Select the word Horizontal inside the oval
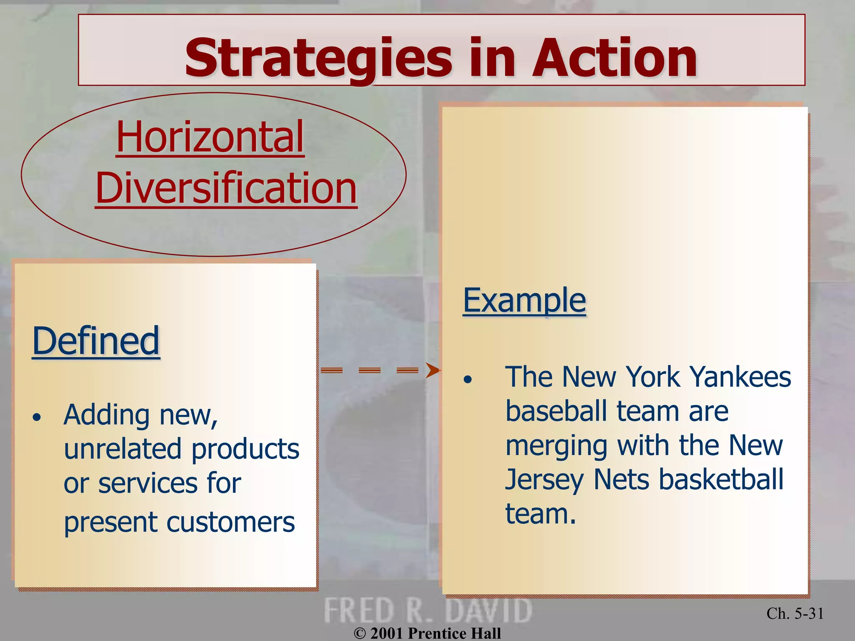[x=210, y=137]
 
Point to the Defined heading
[x=96, y=341]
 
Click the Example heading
[x=524, y=300]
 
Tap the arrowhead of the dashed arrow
[x=433, y=370]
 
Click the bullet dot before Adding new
[x=37, y=417]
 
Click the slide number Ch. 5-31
[x=795, y=613]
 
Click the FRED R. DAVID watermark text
[x=428, y=611]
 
